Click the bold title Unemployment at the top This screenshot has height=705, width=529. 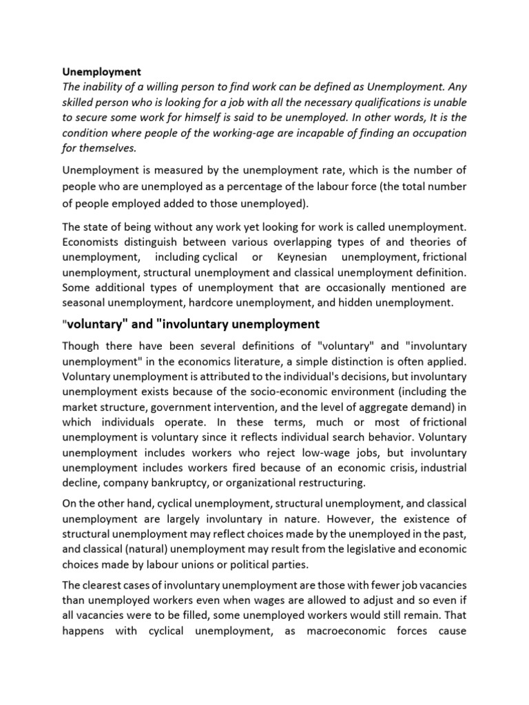[x=102, y=72]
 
